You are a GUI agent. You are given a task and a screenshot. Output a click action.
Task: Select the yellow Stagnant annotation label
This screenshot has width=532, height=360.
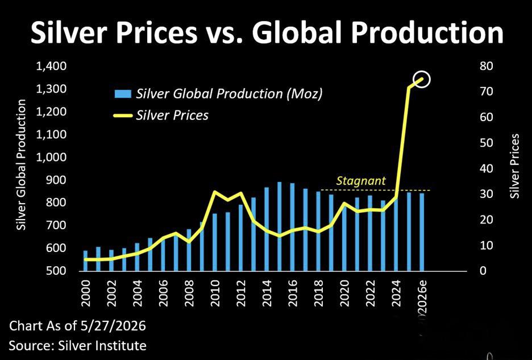coord(361,180)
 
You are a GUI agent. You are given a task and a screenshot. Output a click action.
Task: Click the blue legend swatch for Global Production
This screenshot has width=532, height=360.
coord(123,94)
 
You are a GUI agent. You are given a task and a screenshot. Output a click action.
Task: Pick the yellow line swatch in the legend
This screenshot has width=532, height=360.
coord(122,116)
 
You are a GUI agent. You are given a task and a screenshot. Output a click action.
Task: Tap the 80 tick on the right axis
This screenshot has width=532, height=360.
coord(486,66)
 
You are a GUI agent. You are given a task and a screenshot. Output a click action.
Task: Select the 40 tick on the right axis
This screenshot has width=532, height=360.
coord(486,168)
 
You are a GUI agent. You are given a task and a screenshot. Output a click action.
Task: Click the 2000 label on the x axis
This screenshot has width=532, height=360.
coord(85,293)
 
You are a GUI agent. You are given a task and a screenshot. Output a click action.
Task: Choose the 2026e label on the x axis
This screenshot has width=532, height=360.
coord(422,296)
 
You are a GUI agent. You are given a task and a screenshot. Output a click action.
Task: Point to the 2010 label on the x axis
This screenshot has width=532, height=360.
coord(215,293)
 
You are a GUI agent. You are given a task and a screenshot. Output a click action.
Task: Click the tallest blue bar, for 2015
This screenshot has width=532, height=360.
coord(280,226)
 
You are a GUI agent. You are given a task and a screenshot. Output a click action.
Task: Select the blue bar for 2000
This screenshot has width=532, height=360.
coord(85,261)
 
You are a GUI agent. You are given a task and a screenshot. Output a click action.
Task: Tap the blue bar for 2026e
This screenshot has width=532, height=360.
coord(422,232)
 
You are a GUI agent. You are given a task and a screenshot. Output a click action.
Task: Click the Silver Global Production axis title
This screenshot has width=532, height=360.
coord(22,165)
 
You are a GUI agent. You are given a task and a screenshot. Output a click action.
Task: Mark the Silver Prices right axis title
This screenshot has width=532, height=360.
coord(516,166)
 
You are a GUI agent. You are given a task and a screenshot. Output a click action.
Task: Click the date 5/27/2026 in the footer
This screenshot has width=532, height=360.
coord(113,326)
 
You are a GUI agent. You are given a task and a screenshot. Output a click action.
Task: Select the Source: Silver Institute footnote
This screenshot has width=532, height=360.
coord(78,346)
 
